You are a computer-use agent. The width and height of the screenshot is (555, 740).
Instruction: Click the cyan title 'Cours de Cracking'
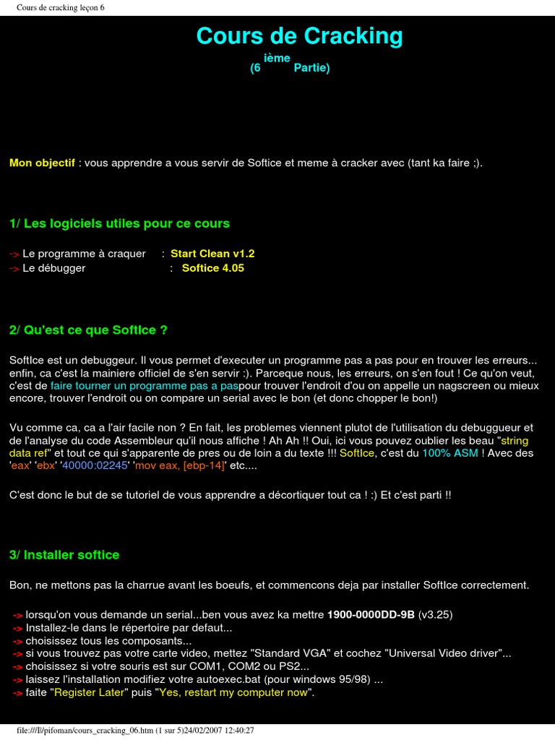[299, 36]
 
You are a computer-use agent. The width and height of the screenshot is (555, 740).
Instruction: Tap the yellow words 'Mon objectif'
[42, 163]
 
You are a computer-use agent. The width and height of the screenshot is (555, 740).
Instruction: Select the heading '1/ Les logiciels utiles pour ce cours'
[119, 223]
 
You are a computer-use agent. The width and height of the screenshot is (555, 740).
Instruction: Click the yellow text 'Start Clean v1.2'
[212, 254]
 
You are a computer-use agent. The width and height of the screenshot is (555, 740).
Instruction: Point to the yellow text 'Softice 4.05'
[213, 267]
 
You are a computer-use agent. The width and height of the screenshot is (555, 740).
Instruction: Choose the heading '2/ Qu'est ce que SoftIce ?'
[88, 330]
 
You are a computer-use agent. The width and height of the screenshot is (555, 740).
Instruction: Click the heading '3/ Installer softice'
[64, 554]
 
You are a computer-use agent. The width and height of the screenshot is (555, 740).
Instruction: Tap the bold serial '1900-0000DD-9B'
[371, 614]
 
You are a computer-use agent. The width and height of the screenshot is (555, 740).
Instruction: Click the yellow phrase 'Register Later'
[90, 692]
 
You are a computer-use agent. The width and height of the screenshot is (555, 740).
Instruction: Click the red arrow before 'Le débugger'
[14, 268]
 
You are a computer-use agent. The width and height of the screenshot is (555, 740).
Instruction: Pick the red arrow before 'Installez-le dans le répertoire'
[18, 628]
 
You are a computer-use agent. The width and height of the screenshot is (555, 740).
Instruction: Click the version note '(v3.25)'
[436, 614]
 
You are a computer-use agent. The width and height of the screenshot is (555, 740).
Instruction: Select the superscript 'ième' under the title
[277, 58]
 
